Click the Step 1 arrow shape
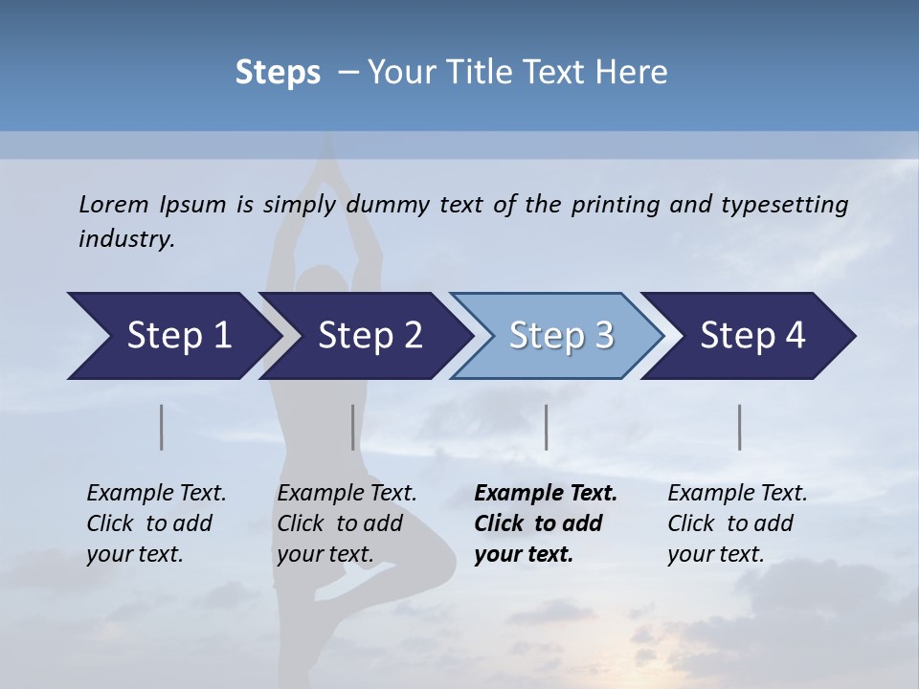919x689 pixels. [172, 336]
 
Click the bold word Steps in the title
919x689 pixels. [278, 73]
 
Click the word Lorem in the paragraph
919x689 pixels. [114, 205]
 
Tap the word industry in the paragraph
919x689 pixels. [126, 239]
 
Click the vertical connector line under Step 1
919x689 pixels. [162, 427]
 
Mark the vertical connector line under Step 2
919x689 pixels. [353, 427]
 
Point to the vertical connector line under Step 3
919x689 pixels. [547, 427]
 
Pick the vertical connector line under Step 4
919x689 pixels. [740, 427]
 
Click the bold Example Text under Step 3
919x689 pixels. [546, 494]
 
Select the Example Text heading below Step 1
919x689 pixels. [156, 494]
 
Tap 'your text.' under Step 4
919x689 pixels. [715, 554]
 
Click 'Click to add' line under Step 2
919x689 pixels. [340, 523]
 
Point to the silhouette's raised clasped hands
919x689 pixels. [326, 153]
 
